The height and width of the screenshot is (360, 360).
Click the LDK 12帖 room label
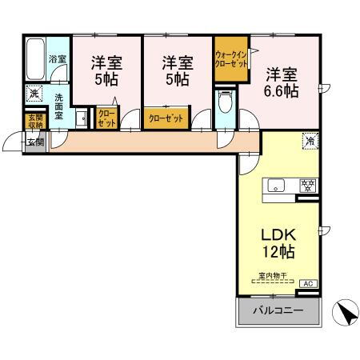(x=278, y=244)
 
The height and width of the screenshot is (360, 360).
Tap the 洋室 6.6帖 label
(x=281, y=82)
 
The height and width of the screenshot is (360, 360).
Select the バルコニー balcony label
(x=278, y=311)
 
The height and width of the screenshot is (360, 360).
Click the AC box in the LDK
(x=306, y=283)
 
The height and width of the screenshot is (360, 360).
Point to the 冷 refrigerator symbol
(x=308, y=142)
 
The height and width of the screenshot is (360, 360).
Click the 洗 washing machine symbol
(x=34, y=94)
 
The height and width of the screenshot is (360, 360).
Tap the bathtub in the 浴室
(x=35, y=58)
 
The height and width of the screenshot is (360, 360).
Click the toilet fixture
(x=224, y=103)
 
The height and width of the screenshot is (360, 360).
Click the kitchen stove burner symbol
(x=306, y=186)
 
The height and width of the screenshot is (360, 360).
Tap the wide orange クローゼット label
(x=166, y=118)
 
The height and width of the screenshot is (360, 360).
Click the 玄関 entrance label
(x=34, y=142)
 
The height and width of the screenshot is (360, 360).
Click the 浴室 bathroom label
(x=57, y=58)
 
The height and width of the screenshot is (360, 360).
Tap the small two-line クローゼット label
(x=106, y=119)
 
